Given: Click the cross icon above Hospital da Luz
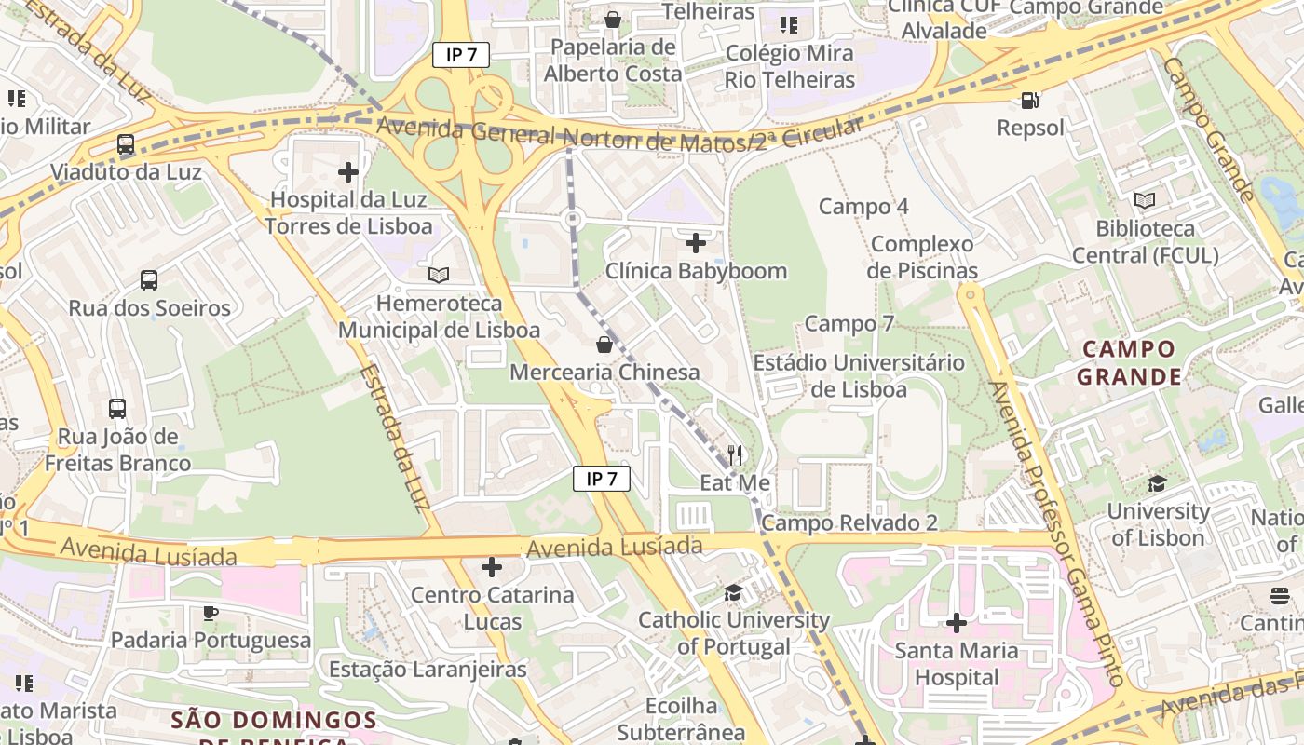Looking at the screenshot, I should click(x=348, y=172).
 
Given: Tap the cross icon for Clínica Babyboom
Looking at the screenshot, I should click(x=696, y=243).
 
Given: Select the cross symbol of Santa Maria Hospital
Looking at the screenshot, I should click(x=957, y=623).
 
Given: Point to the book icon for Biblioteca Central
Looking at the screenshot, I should click(x=1145, y=200).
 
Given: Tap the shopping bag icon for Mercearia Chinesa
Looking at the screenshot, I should click(x=604, y=345).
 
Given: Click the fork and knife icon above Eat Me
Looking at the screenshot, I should click(x=735, y=455).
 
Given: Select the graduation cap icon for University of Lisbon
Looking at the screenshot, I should click(x=1158, y=483).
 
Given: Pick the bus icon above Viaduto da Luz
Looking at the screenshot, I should click(x=126, y=144).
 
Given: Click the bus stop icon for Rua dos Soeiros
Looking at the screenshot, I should click(x=149, y=280).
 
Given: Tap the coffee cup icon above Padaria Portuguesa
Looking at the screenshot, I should click(x=211, y=613).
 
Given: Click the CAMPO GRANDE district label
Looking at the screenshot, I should click(x=1129, y=363).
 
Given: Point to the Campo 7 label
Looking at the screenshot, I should click(x=849, y=324).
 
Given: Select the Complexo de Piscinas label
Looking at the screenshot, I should click(x=922, y=258).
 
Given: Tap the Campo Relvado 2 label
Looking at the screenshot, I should click(x=849, y=523).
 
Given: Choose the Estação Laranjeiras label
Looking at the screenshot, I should click(x=428, y=670).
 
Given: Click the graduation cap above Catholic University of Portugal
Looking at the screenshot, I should click(x=734, y=593).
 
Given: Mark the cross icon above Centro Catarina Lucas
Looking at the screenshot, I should click(x=492, y=567).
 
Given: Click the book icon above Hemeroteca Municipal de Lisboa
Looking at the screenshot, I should click(x=439, y=275).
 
